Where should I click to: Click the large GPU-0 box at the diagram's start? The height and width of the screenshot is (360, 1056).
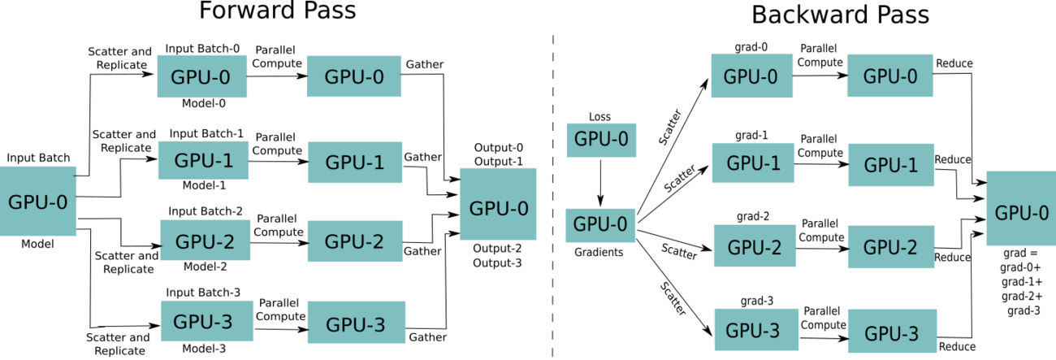click(38, 202)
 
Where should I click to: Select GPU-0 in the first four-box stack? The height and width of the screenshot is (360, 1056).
click(201, 77)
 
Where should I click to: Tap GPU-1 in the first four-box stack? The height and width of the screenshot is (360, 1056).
click(203, 160)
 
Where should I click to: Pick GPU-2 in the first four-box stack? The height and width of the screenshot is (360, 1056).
click(205, 241)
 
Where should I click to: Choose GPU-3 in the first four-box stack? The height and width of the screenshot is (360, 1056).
click(206, 321)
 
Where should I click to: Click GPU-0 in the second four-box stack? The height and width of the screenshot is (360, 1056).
click(354, 76)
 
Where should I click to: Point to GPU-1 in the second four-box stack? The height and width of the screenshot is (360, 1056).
click(355, 163)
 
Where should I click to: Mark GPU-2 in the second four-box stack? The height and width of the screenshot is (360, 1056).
click(355, 241)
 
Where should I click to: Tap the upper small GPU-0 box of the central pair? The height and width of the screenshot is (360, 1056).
click(601, 140)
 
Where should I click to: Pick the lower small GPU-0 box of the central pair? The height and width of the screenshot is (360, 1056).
click(600, 225)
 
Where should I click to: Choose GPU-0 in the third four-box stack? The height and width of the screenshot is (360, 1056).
click(751, 76)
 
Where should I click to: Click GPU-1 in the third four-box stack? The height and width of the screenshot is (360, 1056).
click(753, 163)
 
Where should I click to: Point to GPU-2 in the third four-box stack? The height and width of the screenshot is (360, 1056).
click(755, 246)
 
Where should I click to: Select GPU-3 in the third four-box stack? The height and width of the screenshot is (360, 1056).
click(756, 330)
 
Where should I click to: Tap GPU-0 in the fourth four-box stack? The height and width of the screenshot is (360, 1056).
click(889, 76)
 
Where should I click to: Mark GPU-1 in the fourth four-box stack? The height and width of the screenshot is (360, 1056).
click(891, 164)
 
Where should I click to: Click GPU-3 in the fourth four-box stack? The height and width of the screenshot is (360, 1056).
click(892, 332)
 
